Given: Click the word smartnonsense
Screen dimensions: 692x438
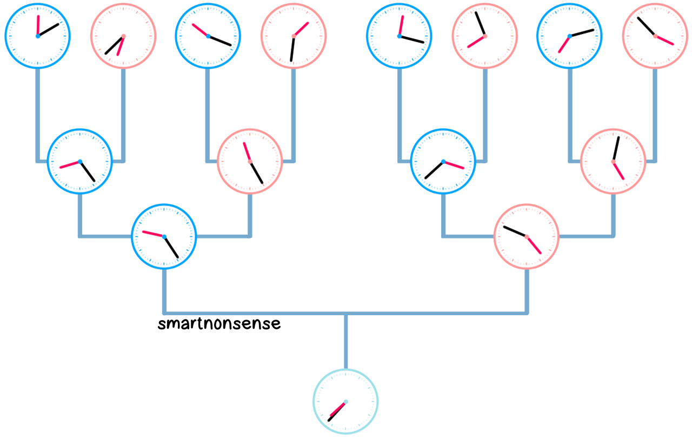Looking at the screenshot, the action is pyautogui.click(x=219, y=324).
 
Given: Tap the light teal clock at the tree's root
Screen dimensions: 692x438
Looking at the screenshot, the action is pyautogui.click(x=345, y=402).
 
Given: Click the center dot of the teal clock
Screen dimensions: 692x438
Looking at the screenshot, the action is pyautogui.click(x=345, y=402).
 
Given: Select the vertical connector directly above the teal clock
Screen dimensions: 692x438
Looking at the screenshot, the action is pyautogui.click(x=345, y=341).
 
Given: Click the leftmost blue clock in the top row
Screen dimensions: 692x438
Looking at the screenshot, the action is pyautogui.click(x=38, y=36).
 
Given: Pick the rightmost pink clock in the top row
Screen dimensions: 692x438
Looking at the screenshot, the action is pyautogui.click(x=655, y=36).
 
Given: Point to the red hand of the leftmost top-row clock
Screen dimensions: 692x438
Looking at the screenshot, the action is pyautogui.click(x=38, y=26).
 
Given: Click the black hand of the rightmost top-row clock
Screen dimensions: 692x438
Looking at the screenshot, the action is pyautogui.click(x=647, y=27).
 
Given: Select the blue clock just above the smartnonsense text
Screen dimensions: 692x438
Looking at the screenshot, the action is pyautogui.click(x=164, y=236).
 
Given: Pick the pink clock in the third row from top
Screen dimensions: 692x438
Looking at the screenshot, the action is pyautogui.click(x=527, y=236).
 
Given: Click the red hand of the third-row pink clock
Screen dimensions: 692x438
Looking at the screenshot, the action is pyautogui.click(x=534, y=245).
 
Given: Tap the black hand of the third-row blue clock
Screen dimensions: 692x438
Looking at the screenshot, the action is pyautogui.click(x=171, y=247).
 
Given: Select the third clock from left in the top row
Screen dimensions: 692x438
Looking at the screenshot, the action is pyautogui.click(x=208, y=36).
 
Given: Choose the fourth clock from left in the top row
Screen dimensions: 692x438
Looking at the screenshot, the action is pyautogui.click(x=294, y=36).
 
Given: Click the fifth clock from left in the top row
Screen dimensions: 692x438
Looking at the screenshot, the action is pyautogui.click(x=399, y=36).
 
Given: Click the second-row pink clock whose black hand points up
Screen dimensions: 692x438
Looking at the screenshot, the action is pyautogui.click(x=613, y=161).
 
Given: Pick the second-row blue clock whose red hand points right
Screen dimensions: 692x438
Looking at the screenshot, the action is pyautogui.click(x=443, y=161).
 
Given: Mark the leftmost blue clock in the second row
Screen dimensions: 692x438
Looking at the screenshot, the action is pyautogui.click(x=80, y=161).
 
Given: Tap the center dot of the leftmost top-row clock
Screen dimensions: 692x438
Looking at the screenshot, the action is pyautogui.click(x=38, y=36).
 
